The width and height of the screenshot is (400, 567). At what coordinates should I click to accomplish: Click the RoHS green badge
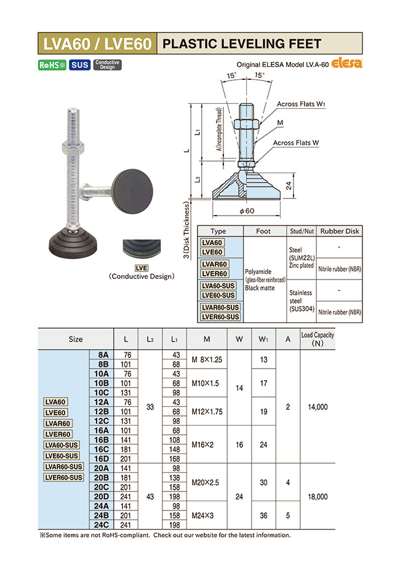52,65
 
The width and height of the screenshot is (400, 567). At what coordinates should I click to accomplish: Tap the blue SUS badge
79,65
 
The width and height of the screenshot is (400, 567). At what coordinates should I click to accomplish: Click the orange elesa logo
348,63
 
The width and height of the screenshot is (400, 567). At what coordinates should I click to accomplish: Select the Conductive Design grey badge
107,65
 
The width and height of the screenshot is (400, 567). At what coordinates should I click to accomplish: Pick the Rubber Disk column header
340,231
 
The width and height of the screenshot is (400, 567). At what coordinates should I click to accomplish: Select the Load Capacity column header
317,339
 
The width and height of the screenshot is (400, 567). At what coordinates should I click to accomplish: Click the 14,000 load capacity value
317,407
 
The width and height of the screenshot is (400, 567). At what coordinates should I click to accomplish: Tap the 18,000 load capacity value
317,496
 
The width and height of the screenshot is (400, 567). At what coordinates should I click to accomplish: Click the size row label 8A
100,355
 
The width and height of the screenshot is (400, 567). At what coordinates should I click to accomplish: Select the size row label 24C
100,526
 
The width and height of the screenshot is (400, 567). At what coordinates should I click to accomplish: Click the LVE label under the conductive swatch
141,268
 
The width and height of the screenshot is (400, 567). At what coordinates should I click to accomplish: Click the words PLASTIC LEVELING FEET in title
241,44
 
